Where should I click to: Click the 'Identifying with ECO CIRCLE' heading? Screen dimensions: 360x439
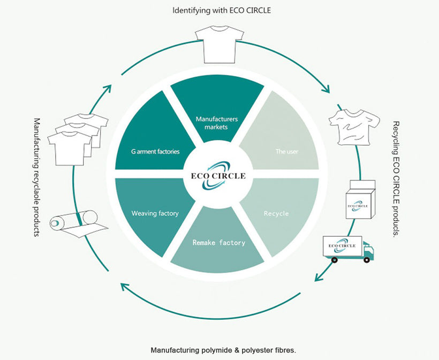click(219, 10)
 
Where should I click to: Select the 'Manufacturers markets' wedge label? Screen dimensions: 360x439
click(216, 123)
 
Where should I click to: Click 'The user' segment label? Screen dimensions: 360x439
click(287, 152)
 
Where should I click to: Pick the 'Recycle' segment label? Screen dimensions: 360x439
click(276, 214)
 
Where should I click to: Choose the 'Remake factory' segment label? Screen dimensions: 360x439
click(219, 243)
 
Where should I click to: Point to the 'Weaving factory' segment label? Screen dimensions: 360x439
click(155, 214)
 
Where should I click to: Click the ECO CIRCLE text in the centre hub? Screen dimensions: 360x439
click(218, 175)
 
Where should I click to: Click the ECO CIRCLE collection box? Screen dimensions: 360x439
click(358, 200)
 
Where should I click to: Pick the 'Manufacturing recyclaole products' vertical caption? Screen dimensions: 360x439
click(36, 177)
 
